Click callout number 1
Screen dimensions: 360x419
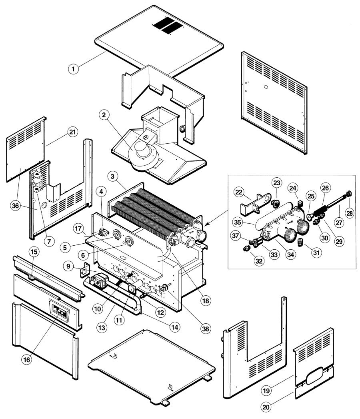pyautogui.click(x=73, y=69)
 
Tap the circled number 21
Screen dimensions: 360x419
pyautogui.click(x=73, y=132)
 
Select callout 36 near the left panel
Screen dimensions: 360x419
pyautogui.click(x=16, y=206)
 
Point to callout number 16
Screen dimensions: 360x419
pyautogui.click(x=27, y=360)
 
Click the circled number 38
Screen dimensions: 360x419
pyautogui.click(x=205, y=329)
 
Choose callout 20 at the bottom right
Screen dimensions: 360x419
pyautogui.click(x=266, y=407)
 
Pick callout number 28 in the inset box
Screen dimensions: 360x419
pyautogui.click(x=349, y=213)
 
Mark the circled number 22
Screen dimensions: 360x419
pyautogui.click(x=239, y=192)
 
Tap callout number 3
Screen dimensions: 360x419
pyautogui.click(x=112, y=176)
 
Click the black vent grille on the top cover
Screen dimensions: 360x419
pyautogui.click(x=168, y=25)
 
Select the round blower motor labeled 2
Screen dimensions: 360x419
pyautogui.click(x=142, y=152)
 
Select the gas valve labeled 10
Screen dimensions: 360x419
pyautogui.click(x=99, y=281)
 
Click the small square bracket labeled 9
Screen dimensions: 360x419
pyautogui.click(x=85, y=270)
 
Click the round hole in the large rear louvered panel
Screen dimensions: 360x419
pyautogui.click(x=266, y=87)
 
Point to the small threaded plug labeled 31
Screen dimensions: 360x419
pyautogui.click(x=301, y=242)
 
